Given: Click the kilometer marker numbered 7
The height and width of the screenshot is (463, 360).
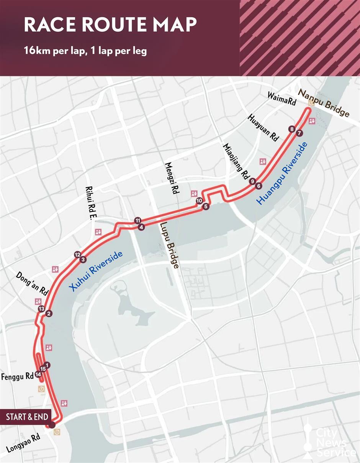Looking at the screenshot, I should [299, 133].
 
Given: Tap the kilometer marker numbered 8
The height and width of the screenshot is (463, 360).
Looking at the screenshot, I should [292, 129].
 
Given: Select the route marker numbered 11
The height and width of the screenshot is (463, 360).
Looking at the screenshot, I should [137, 220].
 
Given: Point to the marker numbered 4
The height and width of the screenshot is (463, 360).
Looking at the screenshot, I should [142, 227].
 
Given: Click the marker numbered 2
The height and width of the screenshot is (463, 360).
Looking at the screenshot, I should [48, 314].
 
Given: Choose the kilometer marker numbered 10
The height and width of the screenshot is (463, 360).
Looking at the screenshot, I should [199, 200].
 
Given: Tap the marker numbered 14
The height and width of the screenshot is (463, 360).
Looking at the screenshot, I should [38, 374].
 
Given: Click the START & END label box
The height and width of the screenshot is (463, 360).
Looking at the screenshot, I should [27, 417].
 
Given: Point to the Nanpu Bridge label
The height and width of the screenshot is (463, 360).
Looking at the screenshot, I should [324, 103].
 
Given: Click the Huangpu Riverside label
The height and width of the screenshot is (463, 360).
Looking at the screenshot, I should [283, 173].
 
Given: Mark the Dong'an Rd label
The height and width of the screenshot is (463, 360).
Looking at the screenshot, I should [32, 283].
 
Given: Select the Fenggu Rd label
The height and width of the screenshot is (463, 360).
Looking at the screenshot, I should [17, 377].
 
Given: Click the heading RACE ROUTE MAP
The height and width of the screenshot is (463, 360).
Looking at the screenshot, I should [110, 25].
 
